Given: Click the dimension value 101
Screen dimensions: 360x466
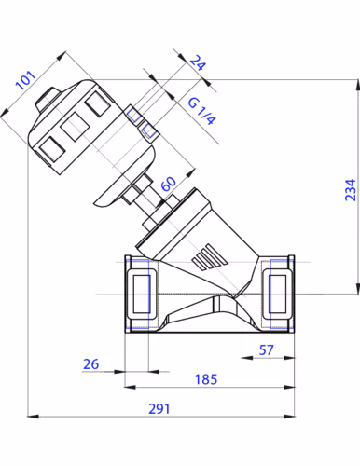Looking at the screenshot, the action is tap(25, 80).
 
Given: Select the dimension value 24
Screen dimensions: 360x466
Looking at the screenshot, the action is tap(198, 62).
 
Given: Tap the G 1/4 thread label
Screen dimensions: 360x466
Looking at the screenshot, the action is tap(201, 111).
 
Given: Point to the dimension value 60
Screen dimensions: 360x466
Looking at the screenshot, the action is tap(169, 184).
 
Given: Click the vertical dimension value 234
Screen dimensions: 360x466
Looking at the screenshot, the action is tap(351, 190).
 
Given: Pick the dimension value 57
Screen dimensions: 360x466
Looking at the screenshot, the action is tap(266, 350).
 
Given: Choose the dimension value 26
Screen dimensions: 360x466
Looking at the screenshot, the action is tap(90, 364).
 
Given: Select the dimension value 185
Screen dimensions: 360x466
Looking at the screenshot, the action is tap(206, 379).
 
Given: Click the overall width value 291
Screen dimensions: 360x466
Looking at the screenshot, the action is tap(159, 409).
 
